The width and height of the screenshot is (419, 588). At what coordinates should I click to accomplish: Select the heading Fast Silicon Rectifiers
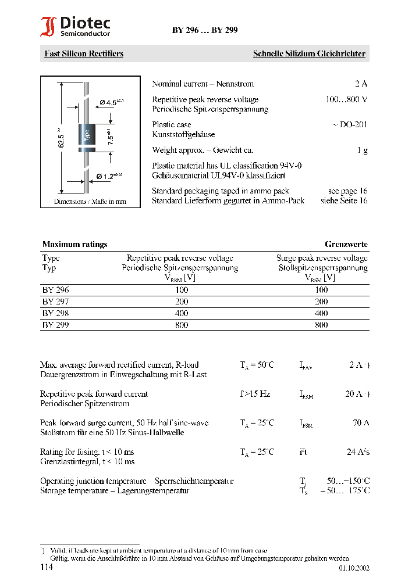(x=84, y=53)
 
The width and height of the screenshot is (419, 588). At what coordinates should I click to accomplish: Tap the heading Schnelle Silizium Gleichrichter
(x=308, y=53)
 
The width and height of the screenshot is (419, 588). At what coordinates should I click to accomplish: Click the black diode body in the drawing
(x=87, y=137)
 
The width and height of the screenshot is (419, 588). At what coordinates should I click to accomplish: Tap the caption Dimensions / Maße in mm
(x=90, y=202)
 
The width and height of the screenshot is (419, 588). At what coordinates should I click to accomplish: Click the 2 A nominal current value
(x=361, y=84)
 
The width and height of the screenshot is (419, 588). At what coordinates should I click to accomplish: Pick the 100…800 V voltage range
(x=346, y=99)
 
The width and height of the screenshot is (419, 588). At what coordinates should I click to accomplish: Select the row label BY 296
(x=55, y=290)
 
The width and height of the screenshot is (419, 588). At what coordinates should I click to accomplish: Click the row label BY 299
(x=55, y=325)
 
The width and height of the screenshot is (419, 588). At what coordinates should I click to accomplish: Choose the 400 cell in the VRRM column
(x=181, y=313)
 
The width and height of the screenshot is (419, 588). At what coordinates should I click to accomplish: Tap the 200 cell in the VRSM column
(x=321, y=302)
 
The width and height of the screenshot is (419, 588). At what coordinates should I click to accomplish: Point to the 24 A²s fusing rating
(x=358, y=451)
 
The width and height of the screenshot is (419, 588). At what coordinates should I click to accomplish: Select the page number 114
(x=47, y=567)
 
